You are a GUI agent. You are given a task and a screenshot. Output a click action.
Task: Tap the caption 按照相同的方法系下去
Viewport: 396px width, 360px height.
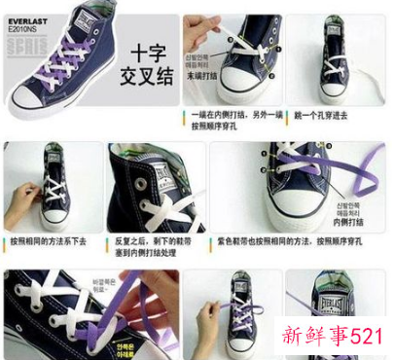pos(49,240)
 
